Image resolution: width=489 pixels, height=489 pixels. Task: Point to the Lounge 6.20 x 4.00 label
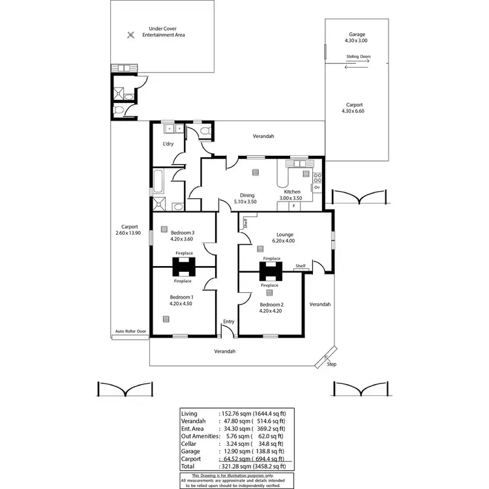pos(284,237)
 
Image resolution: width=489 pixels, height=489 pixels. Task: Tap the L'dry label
pos(168,144)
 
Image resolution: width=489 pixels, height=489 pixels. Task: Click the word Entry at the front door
pos(228,321)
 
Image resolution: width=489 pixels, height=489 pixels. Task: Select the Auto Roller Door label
pos(130,331)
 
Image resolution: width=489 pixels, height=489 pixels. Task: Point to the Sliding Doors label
pos(359,57)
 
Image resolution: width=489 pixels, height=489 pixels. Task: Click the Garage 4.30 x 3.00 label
pos(357,38)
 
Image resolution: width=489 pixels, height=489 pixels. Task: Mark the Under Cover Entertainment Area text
pos(166,31)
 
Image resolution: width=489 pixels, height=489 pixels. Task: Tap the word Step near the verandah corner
pos(331,364)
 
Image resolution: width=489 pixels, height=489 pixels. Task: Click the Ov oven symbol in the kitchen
pos(317,187)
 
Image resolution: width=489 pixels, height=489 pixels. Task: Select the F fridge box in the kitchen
pos(293,206)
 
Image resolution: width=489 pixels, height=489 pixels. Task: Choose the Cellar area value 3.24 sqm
pos(241,443)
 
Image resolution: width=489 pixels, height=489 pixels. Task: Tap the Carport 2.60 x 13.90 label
pos(128,230)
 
